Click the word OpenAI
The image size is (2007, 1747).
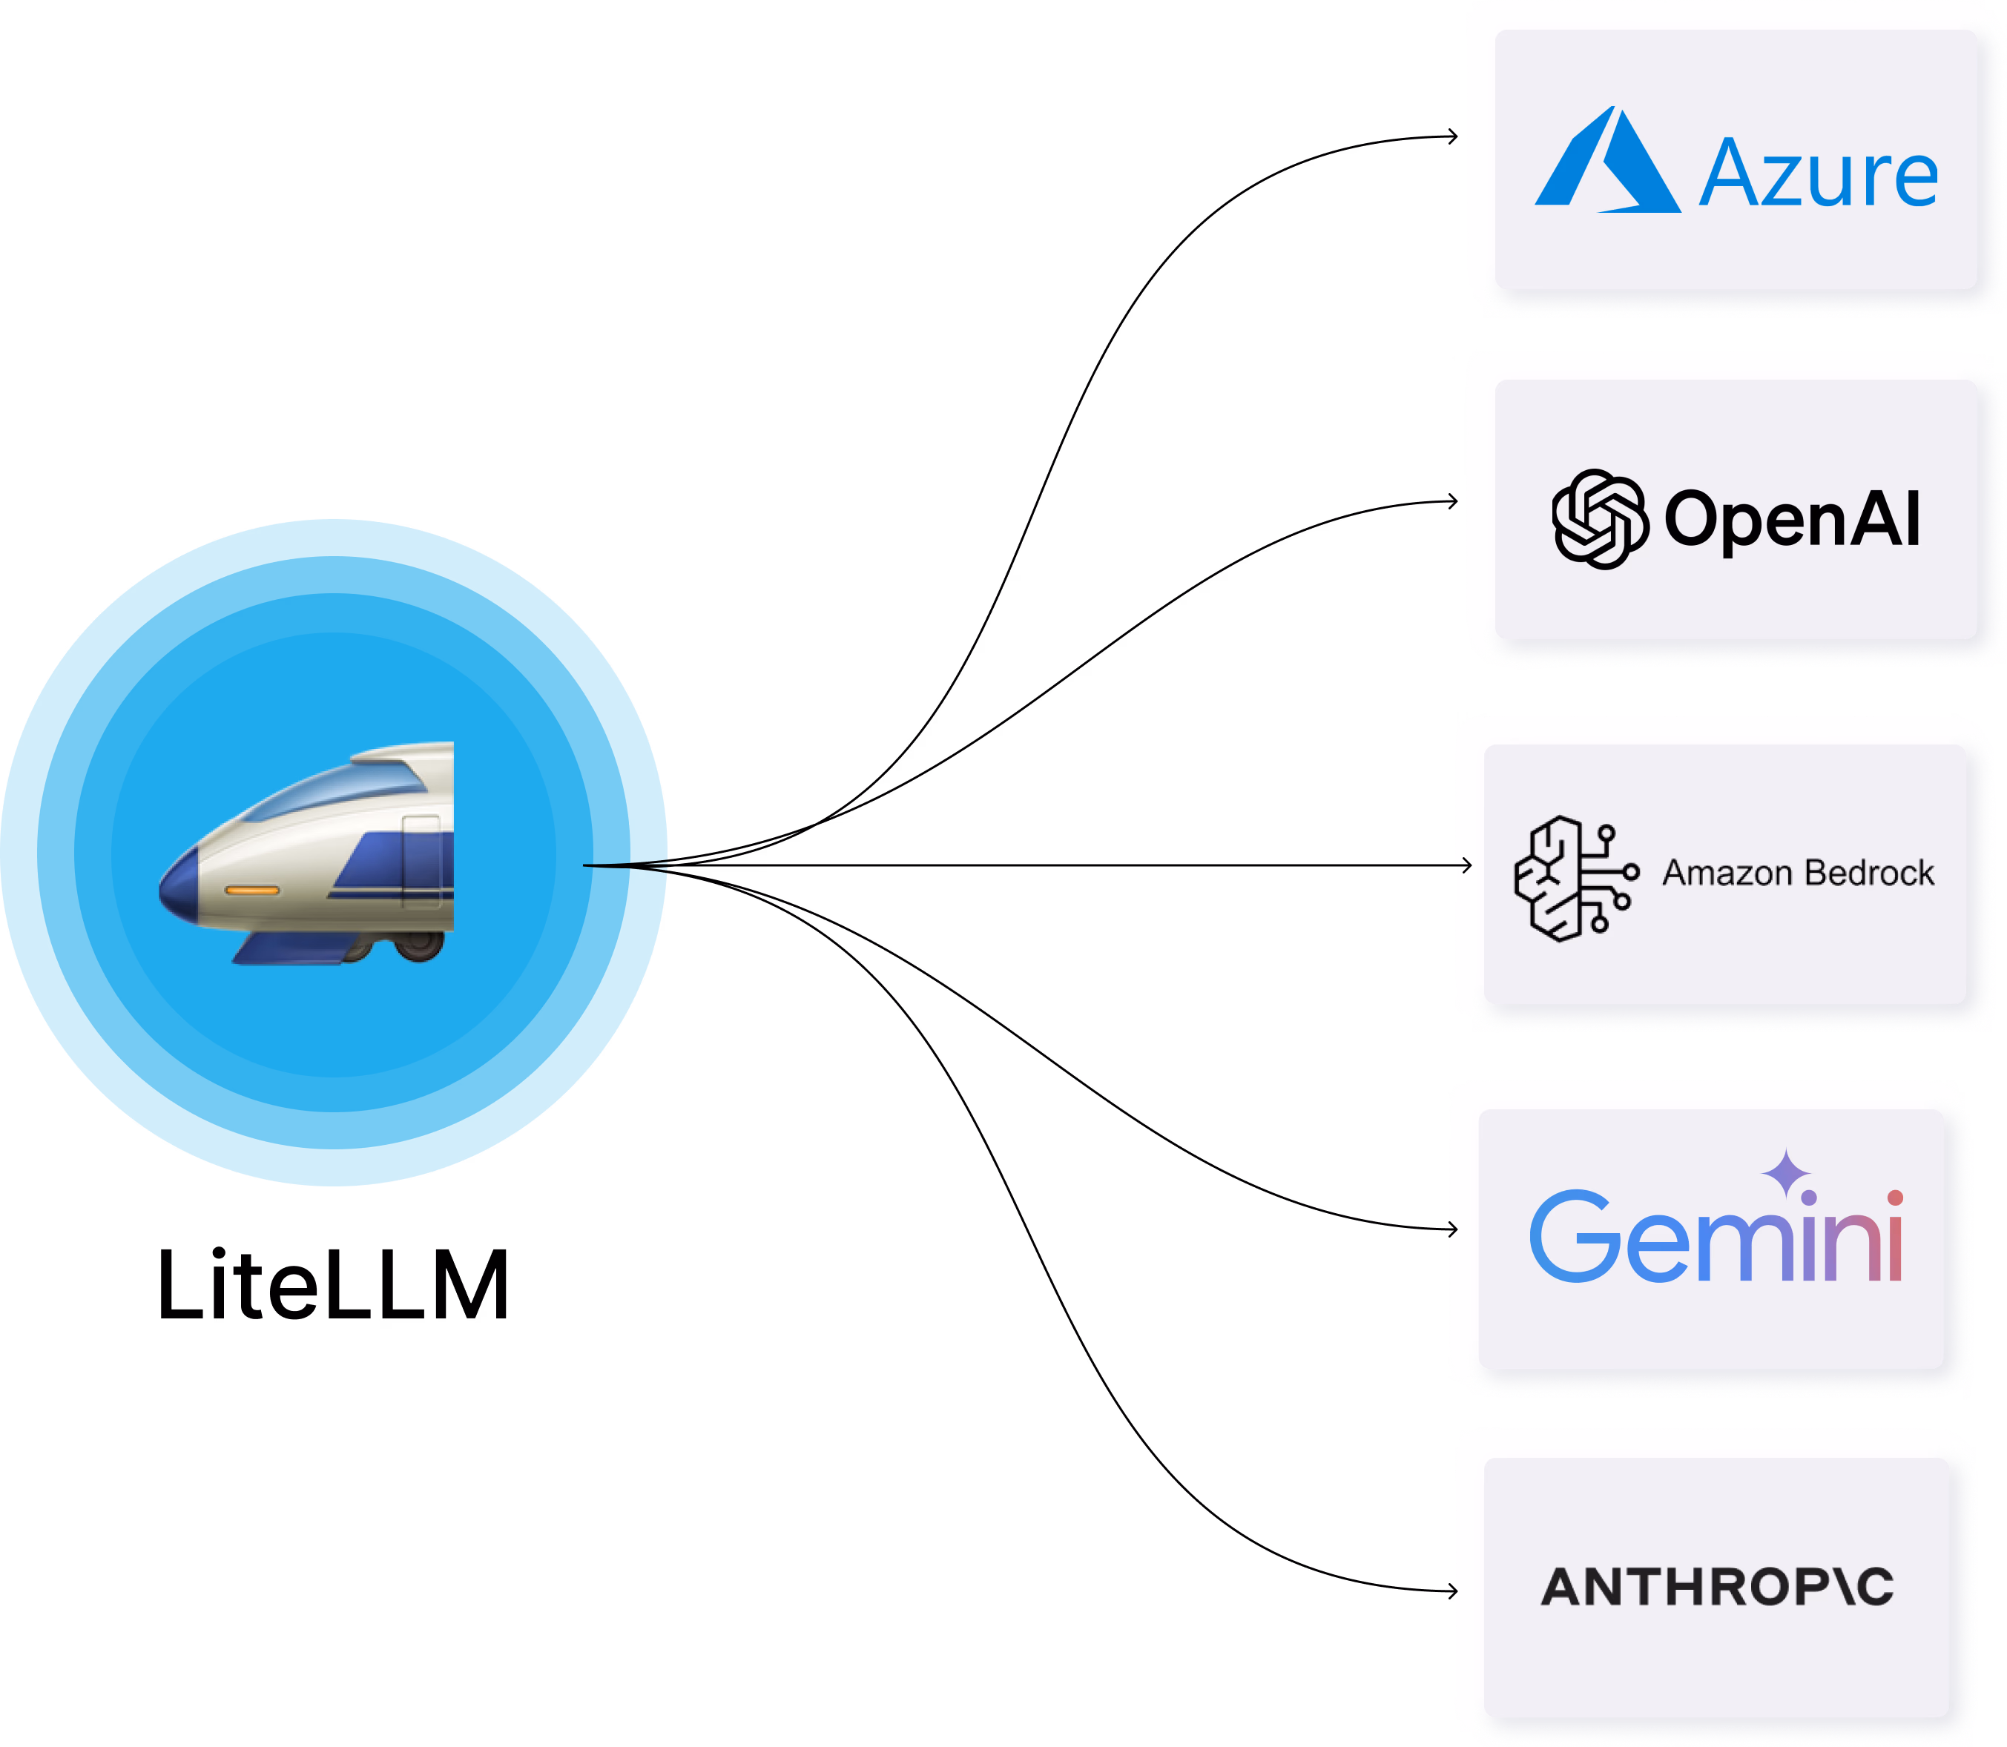pyautogui.click(x=1791, y=518)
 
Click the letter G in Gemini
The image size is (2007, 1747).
pyautogui.click(x=1574, y=1235)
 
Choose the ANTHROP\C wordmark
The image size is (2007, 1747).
pyautogui.click(x=1717, y=1586)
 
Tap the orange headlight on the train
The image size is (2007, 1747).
pyautogui.click(x=251, y=890)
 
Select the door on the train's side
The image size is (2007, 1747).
pyautogui.click(x=421, y=861)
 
